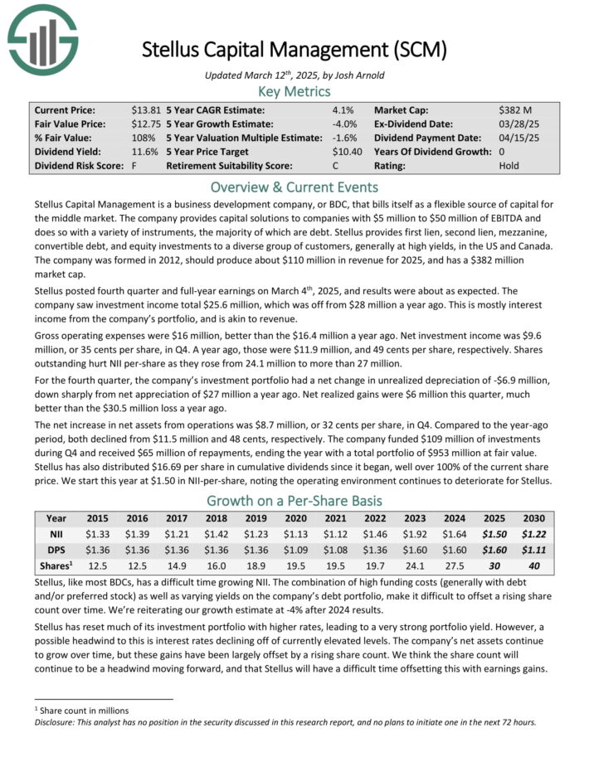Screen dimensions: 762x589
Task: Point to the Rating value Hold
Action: point(509,165)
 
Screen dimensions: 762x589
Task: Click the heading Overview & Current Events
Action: point(294,187)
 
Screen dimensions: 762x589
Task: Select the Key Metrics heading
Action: point(294,90)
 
